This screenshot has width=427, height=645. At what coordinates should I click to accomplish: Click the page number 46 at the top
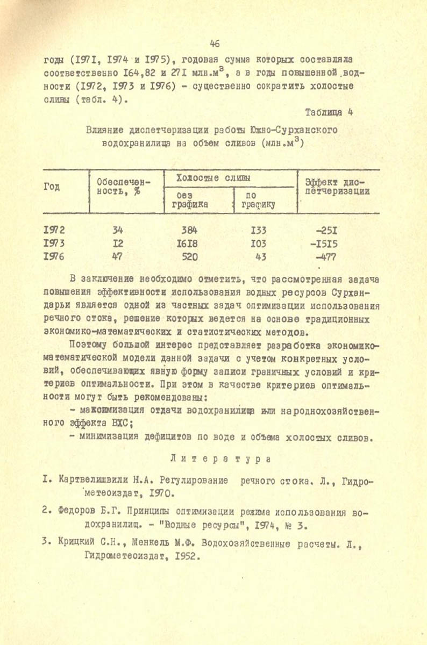click(x=215, y=43)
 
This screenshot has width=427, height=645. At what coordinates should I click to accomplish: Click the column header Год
click(x=52, y=187)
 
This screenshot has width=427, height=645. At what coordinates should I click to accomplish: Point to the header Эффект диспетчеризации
click(x=337, y=187)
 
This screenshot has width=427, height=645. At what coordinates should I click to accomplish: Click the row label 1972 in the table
click(x=54, y=231)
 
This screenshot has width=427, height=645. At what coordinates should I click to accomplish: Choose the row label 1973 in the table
click(x=54, y=243)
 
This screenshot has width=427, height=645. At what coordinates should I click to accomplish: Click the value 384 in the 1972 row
click(x=190, y=231)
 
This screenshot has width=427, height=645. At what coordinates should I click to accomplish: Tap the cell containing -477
click(x=325, y=256)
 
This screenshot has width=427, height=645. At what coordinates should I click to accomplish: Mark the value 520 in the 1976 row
click(x=190, y=256)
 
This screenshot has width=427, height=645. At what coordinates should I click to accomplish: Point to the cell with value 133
click(x=258, y=231)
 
